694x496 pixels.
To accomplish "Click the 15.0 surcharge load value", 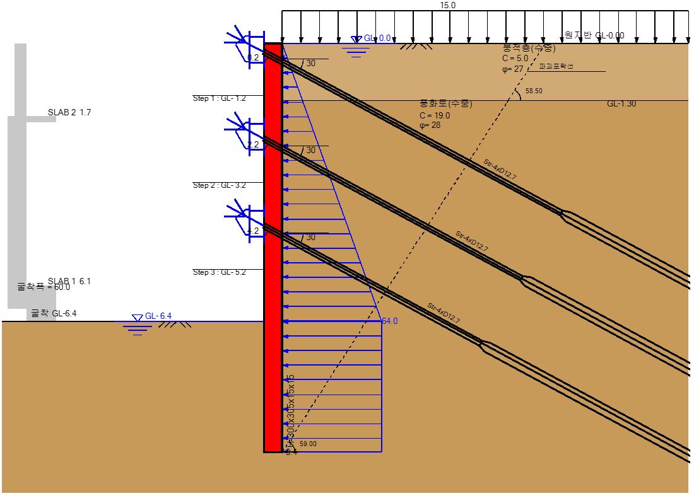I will click(x=447, y=5).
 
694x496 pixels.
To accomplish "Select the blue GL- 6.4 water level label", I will click(x=158, y=316).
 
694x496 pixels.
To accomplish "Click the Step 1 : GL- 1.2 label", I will click(x=219, y=98).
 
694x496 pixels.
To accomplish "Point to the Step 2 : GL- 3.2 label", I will click(x=219, y=185).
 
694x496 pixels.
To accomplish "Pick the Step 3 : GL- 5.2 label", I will click(x=219, y=272).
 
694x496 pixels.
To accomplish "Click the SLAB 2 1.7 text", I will click(x=69, y=113).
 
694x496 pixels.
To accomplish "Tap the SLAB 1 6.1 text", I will click(x=69, y=281).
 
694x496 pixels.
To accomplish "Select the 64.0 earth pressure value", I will click(x=390, y=321).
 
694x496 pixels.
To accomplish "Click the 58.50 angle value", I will click(x=534, y=91).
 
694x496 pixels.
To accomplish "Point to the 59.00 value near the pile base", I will click(x=308, y=444).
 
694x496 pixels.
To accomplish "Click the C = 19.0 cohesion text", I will click(x=435, y=115).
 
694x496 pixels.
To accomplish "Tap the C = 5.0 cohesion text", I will click(x=515, y=59).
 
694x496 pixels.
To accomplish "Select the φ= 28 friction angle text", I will click(x=430, y=125).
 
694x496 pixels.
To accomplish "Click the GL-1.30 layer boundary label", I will click(x=621, y=103).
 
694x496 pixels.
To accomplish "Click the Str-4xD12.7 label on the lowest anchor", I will click(x=444, y=314).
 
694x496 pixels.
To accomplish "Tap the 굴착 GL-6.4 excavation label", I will click(x=54, y=313).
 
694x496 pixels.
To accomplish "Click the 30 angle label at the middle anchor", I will click(x=310, y=151).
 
